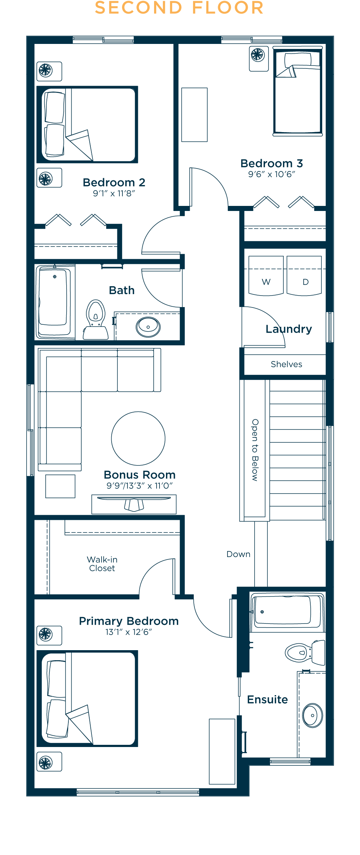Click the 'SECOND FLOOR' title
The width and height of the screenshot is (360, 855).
tap(179, 8)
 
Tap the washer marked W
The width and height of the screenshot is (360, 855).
tap(266, 276)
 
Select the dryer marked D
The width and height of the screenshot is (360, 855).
tap(304, 276)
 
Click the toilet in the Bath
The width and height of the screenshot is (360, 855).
tap(96, 320)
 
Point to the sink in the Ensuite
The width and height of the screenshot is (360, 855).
tap(312, 715)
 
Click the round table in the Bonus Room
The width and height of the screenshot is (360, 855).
tap(138, 438)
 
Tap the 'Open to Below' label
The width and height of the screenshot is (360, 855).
tap(255, 450)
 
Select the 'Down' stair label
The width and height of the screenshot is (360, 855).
tap(238, 554)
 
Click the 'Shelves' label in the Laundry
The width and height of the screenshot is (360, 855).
tap(287, 364)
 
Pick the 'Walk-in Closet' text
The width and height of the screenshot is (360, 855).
tap(102, 564)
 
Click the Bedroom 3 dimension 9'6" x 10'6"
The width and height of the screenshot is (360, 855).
tap(272, 174)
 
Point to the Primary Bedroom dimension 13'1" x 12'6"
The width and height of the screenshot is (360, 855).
tap(129, 632)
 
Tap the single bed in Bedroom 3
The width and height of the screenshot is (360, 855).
tap(298, 91)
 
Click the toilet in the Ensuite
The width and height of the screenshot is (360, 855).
tap(305, 652)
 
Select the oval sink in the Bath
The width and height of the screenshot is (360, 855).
tap(148, 327)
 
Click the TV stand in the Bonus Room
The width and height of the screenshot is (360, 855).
tap(134, 504)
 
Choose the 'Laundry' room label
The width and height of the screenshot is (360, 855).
tap(289, 329)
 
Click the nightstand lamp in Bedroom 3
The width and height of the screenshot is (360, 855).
tap(259, 58)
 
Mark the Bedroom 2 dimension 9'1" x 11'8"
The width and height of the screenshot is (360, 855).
tap(114, 193)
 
